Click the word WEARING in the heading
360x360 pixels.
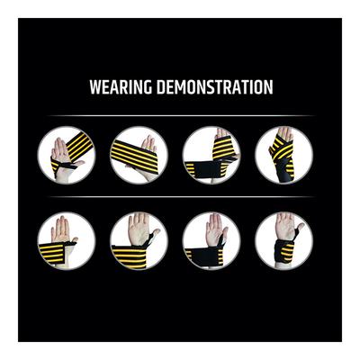point(120,89)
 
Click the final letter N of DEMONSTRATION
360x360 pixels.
point(268,89)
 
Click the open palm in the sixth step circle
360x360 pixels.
point(138,230)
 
